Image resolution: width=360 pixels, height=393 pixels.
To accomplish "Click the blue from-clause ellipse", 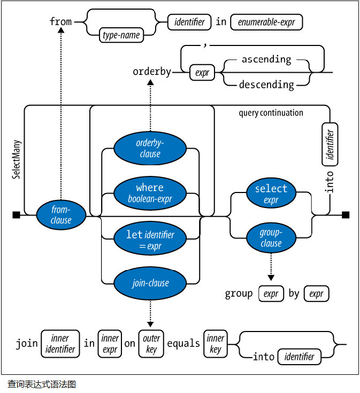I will coord(61,214).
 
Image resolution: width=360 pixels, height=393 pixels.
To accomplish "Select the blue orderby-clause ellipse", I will coord(150,148).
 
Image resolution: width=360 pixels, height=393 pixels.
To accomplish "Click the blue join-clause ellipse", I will coord(150,283).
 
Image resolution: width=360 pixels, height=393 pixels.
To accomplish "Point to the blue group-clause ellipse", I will coord(271,238).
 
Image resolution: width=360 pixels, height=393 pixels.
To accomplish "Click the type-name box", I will coord(121,36).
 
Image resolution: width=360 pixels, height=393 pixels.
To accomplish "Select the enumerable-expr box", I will coord(267,22).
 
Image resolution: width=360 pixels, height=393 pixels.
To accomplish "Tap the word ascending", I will coord(266,59).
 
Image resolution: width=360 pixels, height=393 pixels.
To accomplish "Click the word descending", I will coord(266,84).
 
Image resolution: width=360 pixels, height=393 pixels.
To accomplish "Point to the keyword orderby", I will coord(152,72).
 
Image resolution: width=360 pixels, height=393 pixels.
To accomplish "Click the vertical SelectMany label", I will coord(16,160).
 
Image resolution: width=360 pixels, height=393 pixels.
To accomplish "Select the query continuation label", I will coord(271,113).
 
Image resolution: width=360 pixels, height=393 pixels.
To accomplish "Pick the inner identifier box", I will coord(60,343).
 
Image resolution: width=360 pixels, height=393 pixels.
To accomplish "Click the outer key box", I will coord(151,343).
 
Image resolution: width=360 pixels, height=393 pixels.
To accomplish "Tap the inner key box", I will coord(216,343).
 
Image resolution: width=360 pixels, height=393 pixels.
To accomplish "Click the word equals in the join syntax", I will coord(183,343).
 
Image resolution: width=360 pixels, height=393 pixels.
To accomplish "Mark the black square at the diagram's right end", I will coord(346,215).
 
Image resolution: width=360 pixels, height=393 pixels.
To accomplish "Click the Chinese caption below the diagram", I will coord(42,384).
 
